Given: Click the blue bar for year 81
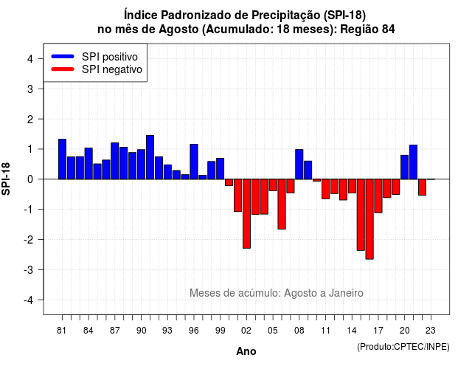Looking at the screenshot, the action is (x=62, y=159).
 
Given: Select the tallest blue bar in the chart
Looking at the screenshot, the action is (x=150, y=157).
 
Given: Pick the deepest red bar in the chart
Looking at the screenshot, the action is (x=369, y=219).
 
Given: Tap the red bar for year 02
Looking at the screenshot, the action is (x=246, y=213).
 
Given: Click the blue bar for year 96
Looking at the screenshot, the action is (x=194, y=162).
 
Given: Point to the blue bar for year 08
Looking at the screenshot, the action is (x=299, y=164).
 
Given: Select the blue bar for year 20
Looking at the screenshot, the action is (x=405, y=168).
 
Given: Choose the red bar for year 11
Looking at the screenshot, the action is (x=325, y=189).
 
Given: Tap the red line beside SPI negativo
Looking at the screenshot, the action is (x=63, y=69).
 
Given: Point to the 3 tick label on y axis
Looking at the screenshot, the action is (x=30, y=89).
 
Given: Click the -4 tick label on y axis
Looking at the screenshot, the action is (x=29, y=300).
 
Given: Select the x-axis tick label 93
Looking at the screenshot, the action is (x=167, y=331).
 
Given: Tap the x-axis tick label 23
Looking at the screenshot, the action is (x=431, y=331).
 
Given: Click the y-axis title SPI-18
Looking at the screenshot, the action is (x=6, y=179).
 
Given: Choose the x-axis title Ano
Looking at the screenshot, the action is (x=246, y=351).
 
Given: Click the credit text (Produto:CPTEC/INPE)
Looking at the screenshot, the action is (x=403, y=347).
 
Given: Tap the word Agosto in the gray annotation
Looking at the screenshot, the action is (x=299, y=293).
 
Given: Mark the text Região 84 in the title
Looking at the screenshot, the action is (x=367, y=30).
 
